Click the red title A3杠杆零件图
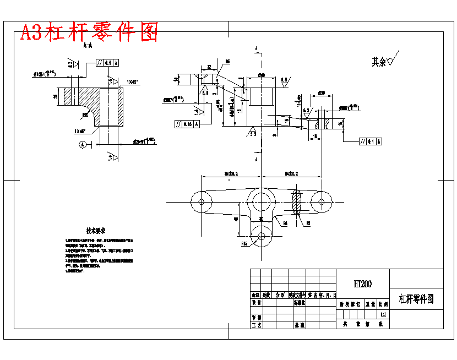click(x=89, y=32)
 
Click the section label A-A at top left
click(x=87, y=46)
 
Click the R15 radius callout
click(x=244, y=242)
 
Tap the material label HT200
click(x=363, y=284)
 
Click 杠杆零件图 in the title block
click(x=416, y=299)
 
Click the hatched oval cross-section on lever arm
click(x=297, y=201)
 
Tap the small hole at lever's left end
click(x=202, y=201)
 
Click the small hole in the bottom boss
click(x=261, y=236)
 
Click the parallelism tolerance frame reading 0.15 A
click(x=187, y=124)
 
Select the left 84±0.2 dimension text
click(x=230, y=173)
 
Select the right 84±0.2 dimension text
click(x=291, y=173)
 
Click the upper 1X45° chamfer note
click(x=132, y=82)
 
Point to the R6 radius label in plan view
click(x=286, y=224)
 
